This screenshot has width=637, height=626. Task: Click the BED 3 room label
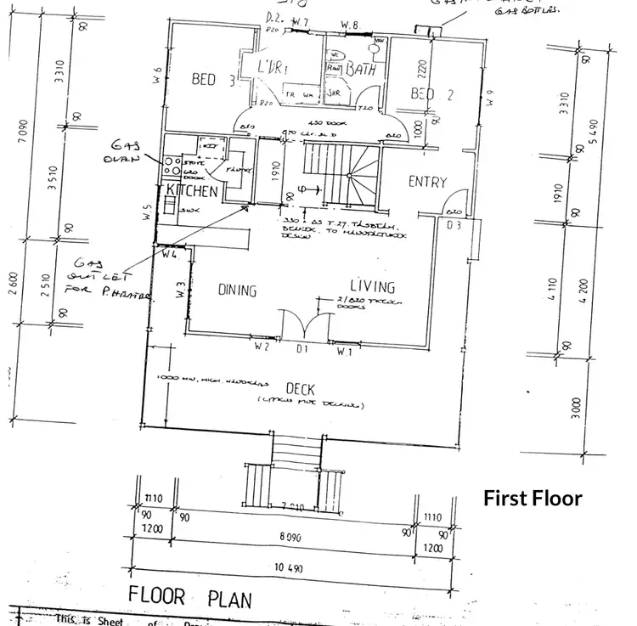pos(213,80)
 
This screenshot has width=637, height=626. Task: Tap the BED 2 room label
pos(432,93)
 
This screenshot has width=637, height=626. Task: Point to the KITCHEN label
pos(191,191)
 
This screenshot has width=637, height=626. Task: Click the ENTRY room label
pos(427,182)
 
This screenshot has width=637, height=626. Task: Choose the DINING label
pos(237,290)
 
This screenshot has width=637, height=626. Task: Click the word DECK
pos(300,388)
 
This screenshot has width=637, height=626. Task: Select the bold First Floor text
pos(533,498)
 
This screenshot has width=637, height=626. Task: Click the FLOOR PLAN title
pos(189,597)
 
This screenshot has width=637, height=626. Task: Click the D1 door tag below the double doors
pos(301,349)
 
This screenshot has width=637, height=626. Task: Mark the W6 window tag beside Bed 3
pos(159,75)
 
